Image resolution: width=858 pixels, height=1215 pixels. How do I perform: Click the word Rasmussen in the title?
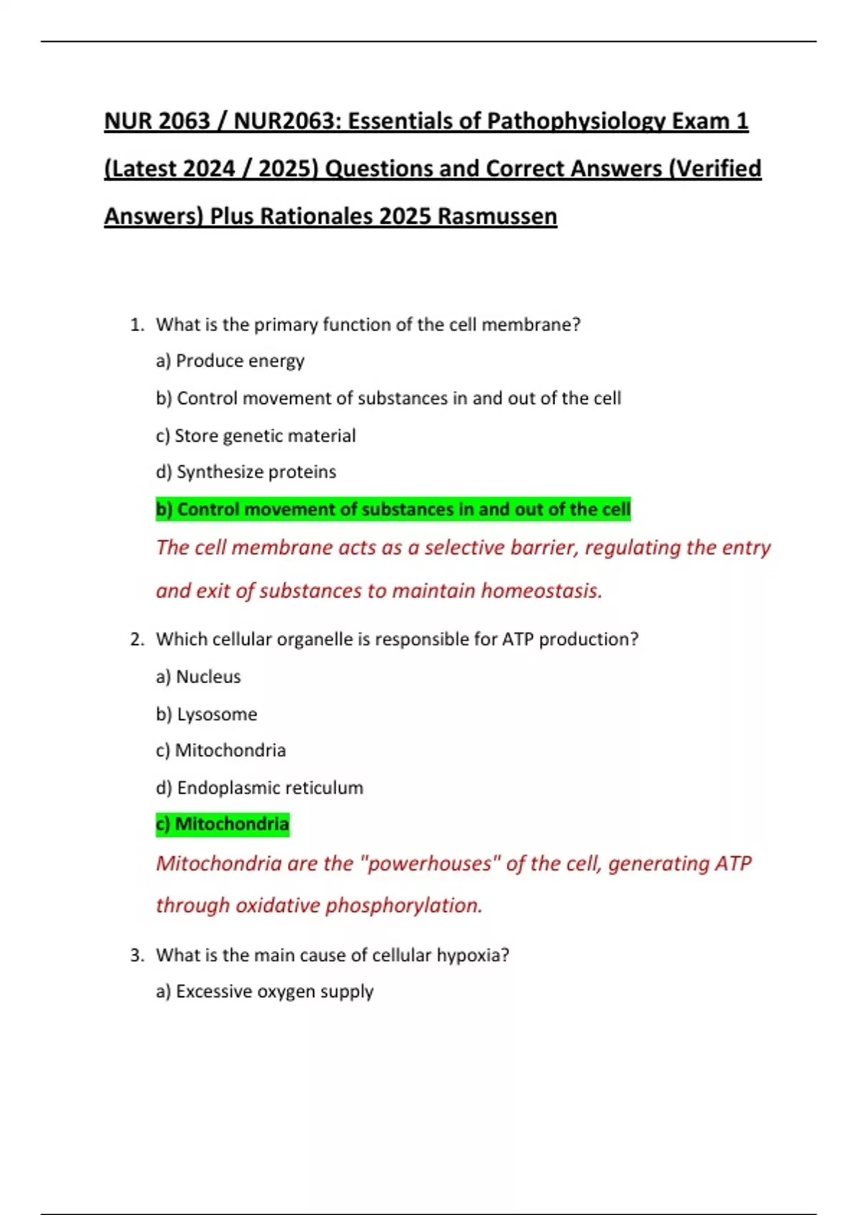(497, 216)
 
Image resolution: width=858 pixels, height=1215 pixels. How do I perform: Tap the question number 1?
(137, 325)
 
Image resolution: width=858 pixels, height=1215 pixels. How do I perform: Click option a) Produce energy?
(230, 361)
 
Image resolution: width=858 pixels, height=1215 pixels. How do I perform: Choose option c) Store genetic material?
(255, 435)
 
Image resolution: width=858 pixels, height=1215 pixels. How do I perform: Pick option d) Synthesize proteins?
(246, 472)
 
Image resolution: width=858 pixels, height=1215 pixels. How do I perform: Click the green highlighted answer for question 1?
(393, 509)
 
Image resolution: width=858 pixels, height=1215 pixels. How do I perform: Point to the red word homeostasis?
(541, 591)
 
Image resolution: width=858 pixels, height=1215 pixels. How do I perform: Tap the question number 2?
(137, 640)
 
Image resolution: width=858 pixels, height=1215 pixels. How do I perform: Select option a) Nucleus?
(198, 677)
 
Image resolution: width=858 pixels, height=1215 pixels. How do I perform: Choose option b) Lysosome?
(207, 714)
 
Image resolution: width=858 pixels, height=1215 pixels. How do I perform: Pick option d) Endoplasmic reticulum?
(260, 788)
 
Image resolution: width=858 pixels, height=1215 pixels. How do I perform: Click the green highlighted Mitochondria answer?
(222, 824)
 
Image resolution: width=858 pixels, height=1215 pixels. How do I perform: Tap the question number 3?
(137, 956)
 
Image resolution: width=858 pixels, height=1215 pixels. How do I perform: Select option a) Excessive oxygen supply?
(265, 992)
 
